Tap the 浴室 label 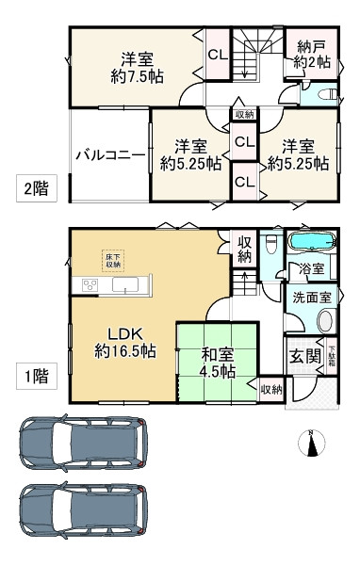pos(312,268)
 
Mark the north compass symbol pos(313,442)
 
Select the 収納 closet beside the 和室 pos(270,388)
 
